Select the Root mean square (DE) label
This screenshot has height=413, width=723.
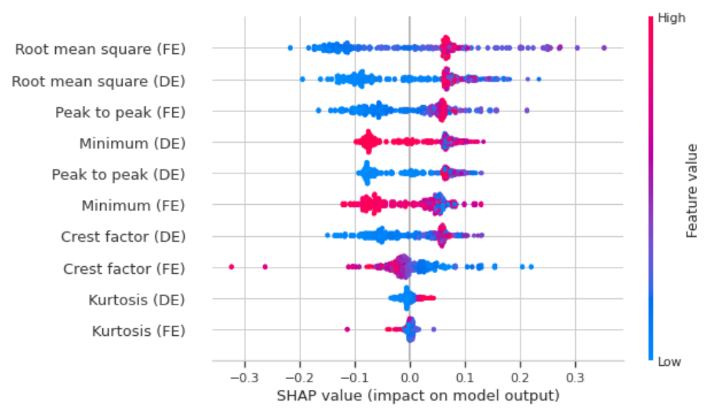click(x=99, y=81)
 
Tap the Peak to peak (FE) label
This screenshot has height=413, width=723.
click(x=120, y=112)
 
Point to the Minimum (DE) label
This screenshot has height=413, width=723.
click(x=132, y=143)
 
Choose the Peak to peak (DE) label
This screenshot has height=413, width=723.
click(x=119, y=175)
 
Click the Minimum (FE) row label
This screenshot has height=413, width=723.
click(x=134, y=205)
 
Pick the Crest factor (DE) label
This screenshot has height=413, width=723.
click(x=123, y=237)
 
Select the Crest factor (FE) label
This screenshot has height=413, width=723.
click(x=124, y=268)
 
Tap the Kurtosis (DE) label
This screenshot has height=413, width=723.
click(x=136, y=300)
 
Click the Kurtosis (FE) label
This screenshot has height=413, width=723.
click(x=138, y=331)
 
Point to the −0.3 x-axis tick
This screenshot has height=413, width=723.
click(x=241, y=377)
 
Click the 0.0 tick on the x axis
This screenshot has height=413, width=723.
click(x=410, y=377)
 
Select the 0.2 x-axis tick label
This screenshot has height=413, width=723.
click(x=521, y=377)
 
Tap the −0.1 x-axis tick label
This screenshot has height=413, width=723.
click(x=352, y=377)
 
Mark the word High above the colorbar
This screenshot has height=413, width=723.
click(x=671, y=18)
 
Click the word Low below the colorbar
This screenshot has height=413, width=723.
click(x=669, y=362)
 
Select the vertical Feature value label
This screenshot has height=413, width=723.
click(x=693, y=190)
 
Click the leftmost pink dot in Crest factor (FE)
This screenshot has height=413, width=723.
click(x=231, y=266)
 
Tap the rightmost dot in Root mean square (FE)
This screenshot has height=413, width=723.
click(x=604, y=47)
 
